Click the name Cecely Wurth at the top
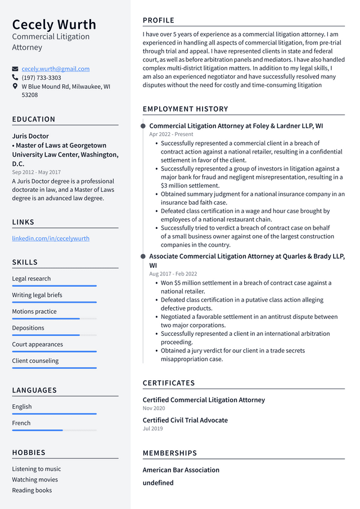[54, 24]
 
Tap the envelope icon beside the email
[15, 69]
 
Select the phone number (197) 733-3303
[42, 78]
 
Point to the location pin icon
[15, 87]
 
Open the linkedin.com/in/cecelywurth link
[51, 238]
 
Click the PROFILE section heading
[159, 20]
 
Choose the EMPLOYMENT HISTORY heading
[186, 109]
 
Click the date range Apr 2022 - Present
[171, 134]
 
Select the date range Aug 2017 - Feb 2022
[173, 274]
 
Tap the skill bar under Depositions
[54, 335]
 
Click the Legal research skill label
[31, 278]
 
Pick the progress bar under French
[54, 430]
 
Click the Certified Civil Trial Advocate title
[185, 420]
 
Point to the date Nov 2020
[154, 408]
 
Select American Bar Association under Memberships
[181, 470]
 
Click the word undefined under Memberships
[158, 483]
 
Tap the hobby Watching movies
[35, 480]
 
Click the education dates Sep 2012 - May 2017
[37, 172]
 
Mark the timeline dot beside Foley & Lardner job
[143, 126]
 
